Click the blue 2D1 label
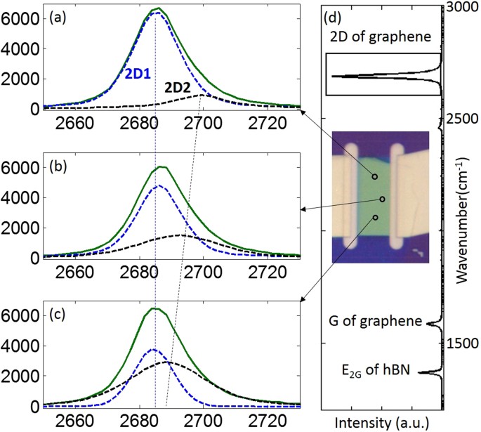[139, 72]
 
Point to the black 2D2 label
[181, 87]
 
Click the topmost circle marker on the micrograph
[374, 176]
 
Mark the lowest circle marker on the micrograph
[376, 217]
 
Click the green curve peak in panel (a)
[159, 8]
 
